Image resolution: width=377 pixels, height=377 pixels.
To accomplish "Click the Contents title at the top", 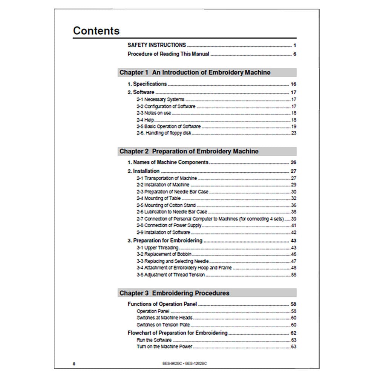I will click(x=96, y=31).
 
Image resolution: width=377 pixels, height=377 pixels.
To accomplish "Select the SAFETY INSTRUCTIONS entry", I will click(x=156, y=45).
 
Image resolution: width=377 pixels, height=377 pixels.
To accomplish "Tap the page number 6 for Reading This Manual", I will click(x=294, y=54).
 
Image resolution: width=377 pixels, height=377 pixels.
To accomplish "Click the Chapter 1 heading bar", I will click(x=207, y=72).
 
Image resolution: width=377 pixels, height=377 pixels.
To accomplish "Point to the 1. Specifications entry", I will click(x=147, y=84).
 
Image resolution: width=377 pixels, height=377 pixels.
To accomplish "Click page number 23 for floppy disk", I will click(x=294, y=133).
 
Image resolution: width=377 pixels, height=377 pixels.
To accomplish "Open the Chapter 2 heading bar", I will click(x=207, y=151).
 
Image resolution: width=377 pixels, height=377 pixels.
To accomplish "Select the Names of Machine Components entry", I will click(x=168, y=162).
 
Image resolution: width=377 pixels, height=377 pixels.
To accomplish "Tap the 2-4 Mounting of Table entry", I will click(x=159, y=198).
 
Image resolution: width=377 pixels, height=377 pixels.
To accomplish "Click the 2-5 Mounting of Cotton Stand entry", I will click(x=166, y=205).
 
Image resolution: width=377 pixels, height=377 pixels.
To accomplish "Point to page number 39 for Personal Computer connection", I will click(x=294, y=219).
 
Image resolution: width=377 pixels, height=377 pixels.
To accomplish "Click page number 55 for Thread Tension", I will click(x=294, y=275).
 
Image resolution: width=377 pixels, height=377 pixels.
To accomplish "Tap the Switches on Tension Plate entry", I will click(x=163, y=325).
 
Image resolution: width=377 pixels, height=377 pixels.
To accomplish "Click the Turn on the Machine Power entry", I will click(x=164, y=346).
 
